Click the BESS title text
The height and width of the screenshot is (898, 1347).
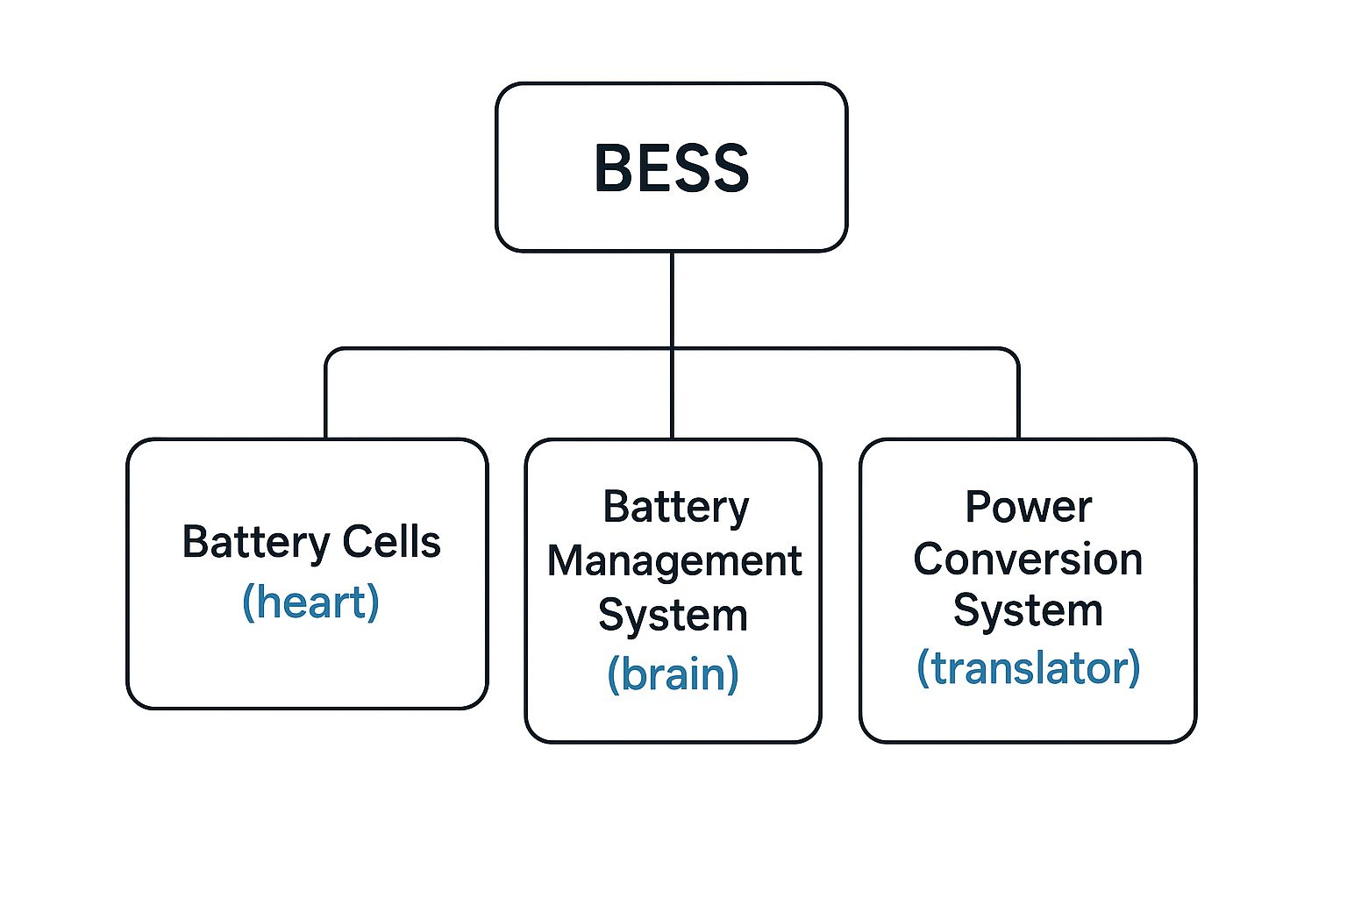672,167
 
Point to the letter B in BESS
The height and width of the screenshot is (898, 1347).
613,167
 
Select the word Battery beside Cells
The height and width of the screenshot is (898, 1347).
256,542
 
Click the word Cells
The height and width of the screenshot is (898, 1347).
391,542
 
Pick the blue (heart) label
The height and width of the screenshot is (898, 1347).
310,602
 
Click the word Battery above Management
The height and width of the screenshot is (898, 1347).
675,507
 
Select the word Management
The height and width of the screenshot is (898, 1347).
673,560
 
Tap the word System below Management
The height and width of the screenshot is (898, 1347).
673,615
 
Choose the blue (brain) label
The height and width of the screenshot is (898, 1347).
673,673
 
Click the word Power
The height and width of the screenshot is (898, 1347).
1028,507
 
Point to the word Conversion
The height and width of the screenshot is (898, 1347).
1028,559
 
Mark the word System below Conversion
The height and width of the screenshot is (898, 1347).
1028,610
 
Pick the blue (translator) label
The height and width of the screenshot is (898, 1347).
1028,668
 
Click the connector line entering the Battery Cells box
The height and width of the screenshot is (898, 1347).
325,403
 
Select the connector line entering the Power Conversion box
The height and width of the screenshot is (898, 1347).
1018,403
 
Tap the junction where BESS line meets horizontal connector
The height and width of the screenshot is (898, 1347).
672,349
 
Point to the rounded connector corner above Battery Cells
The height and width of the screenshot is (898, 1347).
330,353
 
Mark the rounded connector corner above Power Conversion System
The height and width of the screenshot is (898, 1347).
1014,353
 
